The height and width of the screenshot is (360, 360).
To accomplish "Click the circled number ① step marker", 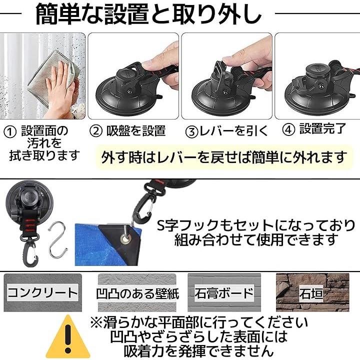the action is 10,132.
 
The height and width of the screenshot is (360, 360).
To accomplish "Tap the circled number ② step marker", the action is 95,131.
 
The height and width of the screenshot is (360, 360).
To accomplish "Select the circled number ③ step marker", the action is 191,132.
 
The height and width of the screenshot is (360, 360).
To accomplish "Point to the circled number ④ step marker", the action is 288,129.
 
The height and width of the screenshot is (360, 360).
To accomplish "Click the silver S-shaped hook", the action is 57,239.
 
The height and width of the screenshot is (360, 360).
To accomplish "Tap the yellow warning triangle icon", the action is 67,337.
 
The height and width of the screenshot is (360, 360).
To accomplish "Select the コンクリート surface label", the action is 42,292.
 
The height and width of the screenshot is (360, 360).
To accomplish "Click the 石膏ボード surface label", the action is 224,293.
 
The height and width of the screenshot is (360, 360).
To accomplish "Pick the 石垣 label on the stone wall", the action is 311,293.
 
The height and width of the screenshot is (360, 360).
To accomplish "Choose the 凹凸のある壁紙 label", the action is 137,293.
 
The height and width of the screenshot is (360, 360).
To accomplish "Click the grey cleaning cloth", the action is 53,77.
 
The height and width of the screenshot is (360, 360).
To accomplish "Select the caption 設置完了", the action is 322,129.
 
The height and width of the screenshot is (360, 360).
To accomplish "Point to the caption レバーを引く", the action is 233,131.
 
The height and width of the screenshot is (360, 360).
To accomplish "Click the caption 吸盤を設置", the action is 136,131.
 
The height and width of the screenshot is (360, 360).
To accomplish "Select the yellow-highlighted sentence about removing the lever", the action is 223,157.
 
